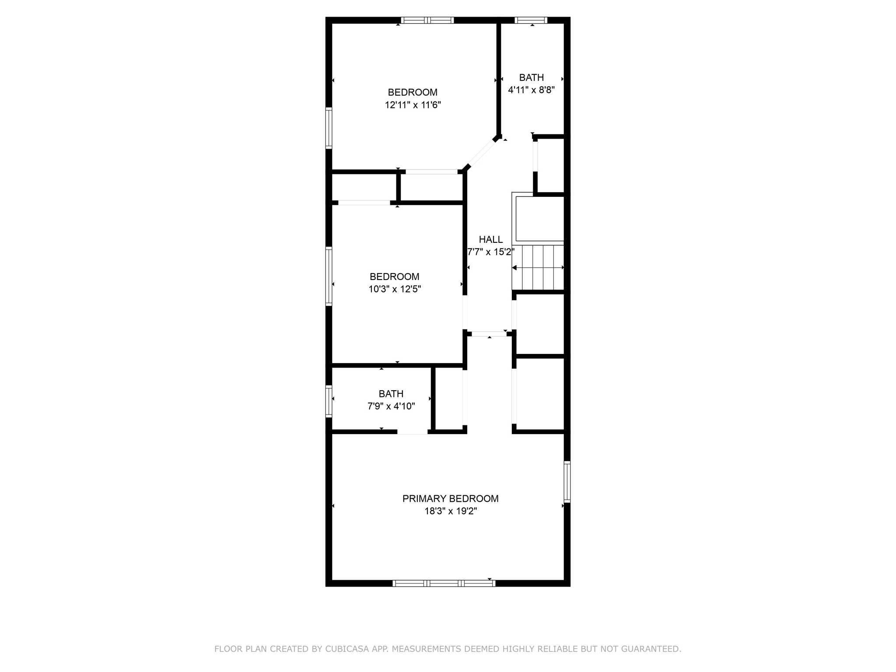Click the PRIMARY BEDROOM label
(450, 498)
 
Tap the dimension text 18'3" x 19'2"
(450, 511)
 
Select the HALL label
(490, 239)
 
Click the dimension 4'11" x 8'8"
(531, 90)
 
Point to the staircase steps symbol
(538, 267)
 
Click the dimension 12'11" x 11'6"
(413, 105)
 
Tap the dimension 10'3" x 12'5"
(395, 289)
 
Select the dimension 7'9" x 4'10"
(391, 406)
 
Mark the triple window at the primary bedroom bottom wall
(444, 583)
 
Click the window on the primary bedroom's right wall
(567, 481)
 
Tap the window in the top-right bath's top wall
(531, 20)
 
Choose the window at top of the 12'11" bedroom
(427, 20)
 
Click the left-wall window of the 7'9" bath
(329, 400)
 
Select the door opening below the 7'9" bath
(412, 432)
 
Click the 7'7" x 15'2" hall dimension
(490, 252)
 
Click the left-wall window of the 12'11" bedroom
(329, 128)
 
